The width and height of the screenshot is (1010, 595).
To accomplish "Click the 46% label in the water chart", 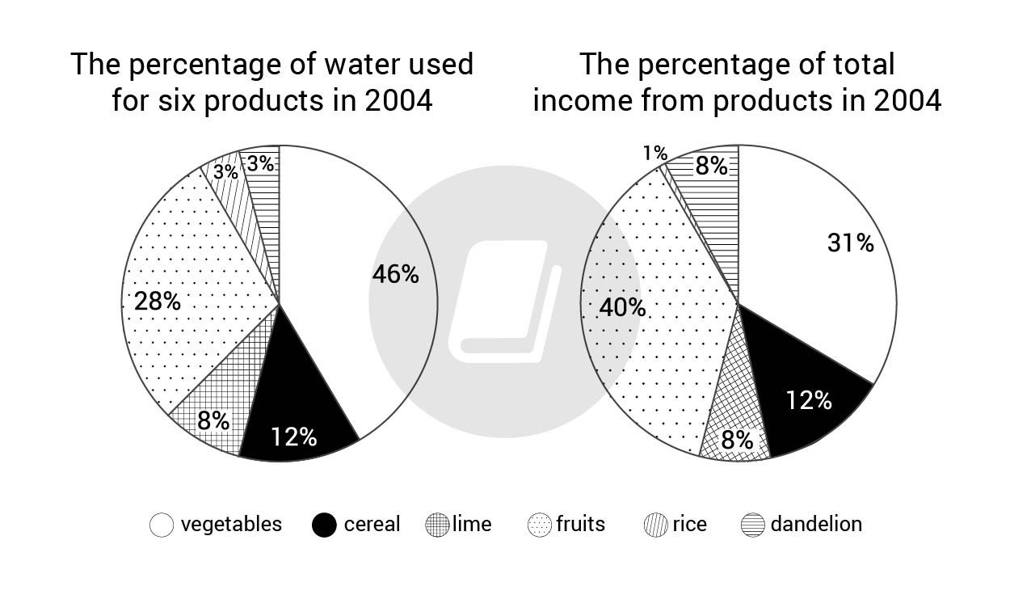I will point(395,275).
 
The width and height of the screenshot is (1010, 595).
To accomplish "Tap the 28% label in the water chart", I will point(158,302).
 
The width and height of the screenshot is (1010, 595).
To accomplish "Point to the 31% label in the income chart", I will point(850,243).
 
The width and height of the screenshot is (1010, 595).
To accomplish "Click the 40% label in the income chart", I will point(622,307).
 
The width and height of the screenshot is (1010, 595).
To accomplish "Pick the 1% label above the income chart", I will point(655,153).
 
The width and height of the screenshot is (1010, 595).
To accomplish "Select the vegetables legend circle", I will point(162,525).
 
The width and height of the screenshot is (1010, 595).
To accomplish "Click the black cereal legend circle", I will point(323,525).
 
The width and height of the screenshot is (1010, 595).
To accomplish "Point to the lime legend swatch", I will point(436,525).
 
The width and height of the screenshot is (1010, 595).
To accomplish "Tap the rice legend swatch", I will point(655,525).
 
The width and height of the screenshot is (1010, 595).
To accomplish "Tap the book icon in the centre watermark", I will point(504,300).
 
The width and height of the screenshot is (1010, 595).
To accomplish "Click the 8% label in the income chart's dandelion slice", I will point(711,167).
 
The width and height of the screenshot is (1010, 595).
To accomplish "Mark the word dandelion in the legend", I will point(816,524).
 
